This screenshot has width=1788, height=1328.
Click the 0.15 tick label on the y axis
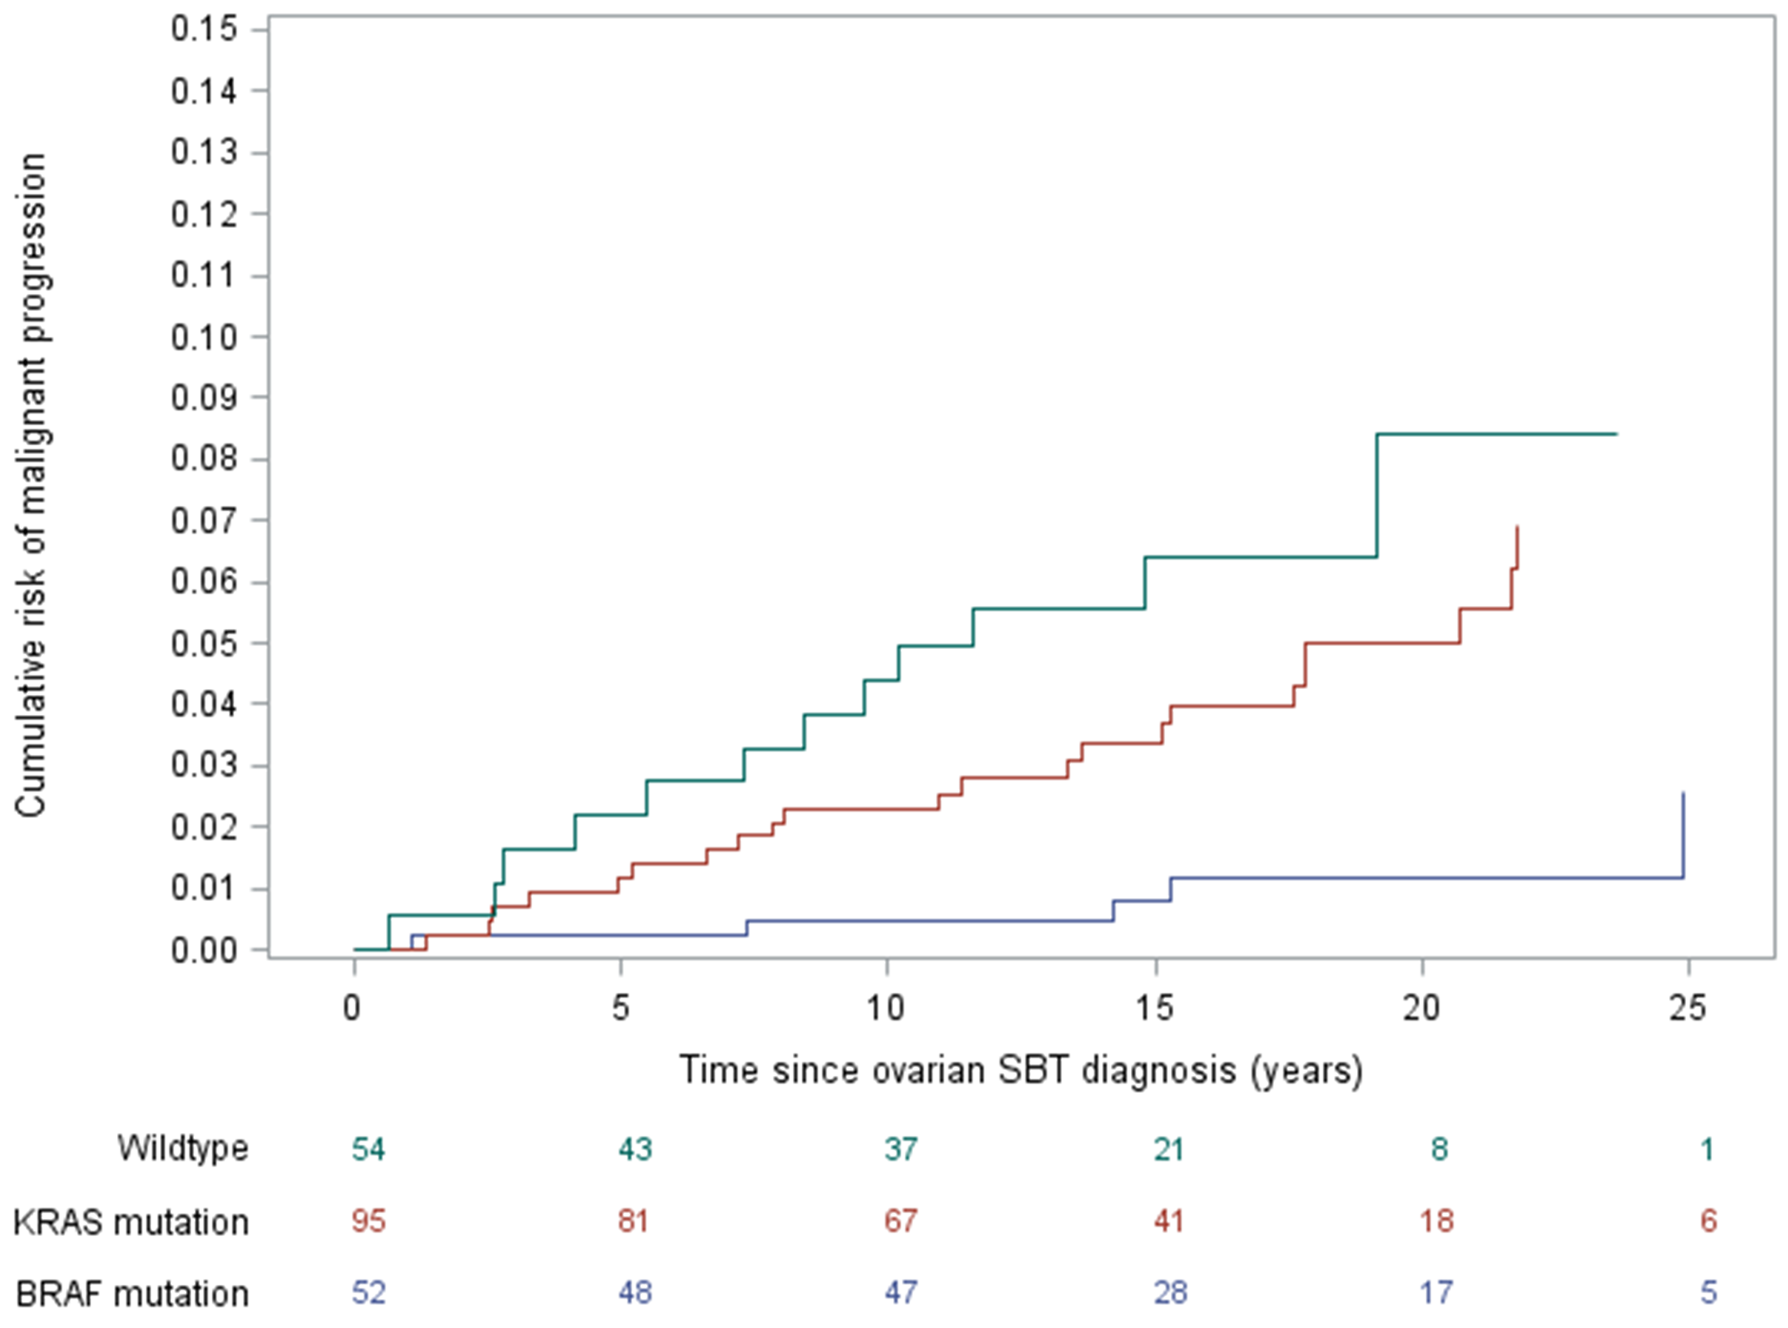204,29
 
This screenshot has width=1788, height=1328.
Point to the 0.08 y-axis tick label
204,459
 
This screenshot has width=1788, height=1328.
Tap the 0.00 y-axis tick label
204,950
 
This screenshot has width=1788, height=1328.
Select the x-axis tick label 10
885,1008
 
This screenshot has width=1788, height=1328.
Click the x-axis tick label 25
1687,1008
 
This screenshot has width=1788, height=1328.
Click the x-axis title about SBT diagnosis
1021,1070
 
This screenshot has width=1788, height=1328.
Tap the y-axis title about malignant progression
32,484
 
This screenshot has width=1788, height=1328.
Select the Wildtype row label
182,1147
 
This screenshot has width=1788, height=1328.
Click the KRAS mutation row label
131,1222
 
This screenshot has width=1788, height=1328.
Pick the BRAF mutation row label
132,1293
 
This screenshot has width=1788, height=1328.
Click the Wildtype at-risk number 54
368,1148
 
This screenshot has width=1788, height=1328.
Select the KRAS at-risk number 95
368,1221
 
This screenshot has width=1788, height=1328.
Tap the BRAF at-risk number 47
900,1293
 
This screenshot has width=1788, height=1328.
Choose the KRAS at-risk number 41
1168,1221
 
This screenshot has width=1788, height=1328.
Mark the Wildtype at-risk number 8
1438,1148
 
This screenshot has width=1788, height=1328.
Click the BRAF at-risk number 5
1708,1293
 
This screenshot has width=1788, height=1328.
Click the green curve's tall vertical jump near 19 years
1377,496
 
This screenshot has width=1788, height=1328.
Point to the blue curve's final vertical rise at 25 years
1683,836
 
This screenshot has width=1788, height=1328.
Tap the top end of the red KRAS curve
1517,528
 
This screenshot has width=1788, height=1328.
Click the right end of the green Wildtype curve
1615,434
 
